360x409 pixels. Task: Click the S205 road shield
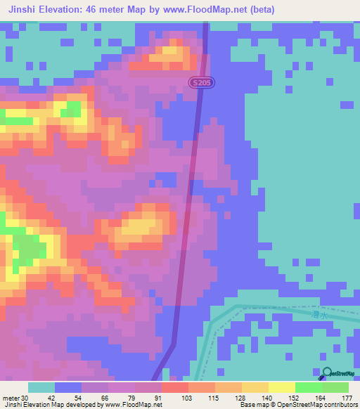(x=202, y=83)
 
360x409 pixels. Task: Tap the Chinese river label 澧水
(x=319, y=316)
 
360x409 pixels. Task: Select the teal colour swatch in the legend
(x=41, y=387)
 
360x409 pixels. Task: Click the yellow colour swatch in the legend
(x=281, y=387)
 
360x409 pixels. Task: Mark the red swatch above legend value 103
(x=174, y=387)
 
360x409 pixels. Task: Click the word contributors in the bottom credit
(x=337, y=405)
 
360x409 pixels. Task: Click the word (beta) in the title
(x=258, y=10)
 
